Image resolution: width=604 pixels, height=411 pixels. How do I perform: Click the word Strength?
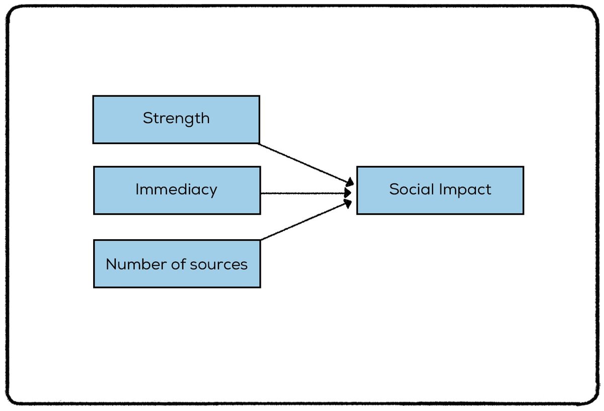click(176, 119)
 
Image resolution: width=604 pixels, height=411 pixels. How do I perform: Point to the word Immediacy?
click(176, 190)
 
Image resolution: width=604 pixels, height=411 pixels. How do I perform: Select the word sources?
click(219, 264)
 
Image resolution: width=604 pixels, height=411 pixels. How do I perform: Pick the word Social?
click(411, 189)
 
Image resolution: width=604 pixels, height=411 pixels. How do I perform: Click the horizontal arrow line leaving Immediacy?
click(302, 193)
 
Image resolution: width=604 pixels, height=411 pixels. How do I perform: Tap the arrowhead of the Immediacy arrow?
click(348, 193)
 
